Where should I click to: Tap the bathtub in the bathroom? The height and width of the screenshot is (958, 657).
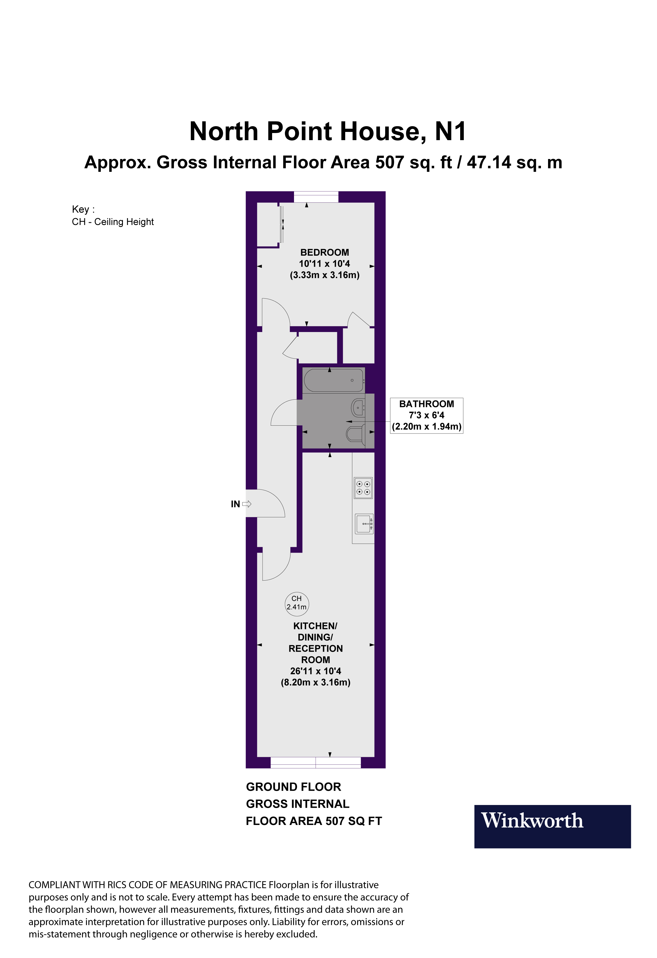[x=334, y=380]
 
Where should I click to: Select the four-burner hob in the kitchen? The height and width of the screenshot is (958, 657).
[x=363, y=488]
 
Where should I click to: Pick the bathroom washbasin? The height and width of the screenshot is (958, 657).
[x=358, y=408]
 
